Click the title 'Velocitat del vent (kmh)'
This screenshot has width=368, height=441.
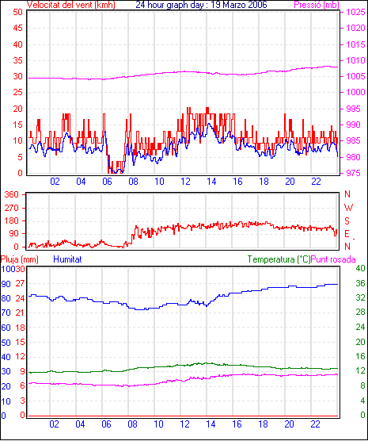click(x=71, y=5)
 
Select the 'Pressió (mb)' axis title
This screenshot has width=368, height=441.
click(x=317, y=5)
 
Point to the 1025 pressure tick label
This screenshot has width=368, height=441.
click(x=355, y=12)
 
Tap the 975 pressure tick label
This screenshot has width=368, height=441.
click(x=354, y=173)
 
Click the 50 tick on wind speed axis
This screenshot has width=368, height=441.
click(x=17, y=12)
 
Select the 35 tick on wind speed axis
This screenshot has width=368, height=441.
click(x=17, y=60)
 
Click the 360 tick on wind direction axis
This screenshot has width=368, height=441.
click(x=12, y=194)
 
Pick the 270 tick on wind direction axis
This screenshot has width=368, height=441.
click(x=12, y=208)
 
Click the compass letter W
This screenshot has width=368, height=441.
click(x=348, y=208)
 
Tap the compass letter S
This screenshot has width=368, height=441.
click(x=347, y=221)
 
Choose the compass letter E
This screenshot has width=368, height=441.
click(x=347, y=234)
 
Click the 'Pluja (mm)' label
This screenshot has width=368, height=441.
click(x=19, y=259)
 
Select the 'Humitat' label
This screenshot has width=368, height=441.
click(x=67, y=259)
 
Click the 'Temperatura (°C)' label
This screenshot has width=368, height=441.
click(x=279, y=259)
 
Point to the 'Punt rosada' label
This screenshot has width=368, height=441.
click(x=333, y=259)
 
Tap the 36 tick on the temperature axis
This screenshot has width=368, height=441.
click(x=360, y=283)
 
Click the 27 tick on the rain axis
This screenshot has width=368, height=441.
click(x=20, y=283)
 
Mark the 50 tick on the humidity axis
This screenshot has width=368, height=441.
click(x=6, y=343)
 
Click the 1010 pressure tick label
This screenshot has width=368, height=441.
click(x=355, y=60)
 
